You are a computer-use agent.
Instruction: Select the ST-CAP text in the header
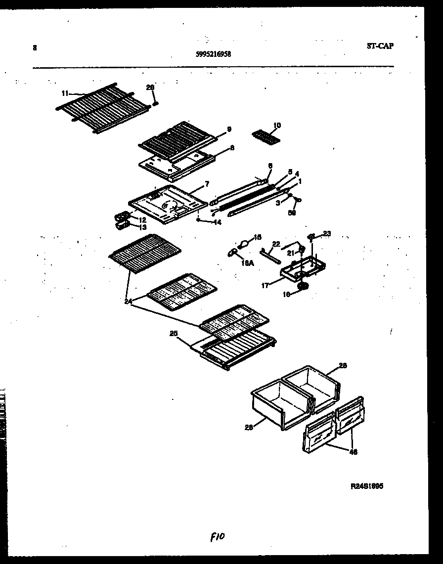click(380, 46)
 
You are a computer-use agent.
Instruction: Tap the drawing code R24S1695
click(367, 486)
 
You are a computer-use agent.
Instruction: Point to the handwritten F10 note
click(218, 536)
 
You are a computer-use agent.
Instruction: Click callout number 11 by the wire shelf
click(65, 92)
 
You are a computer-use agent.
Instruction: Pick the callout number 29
click(150, 87)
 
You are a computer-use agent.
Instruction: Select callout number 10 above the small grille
click(276, 126)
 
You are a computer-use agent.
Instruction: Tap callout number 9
click(229, 130)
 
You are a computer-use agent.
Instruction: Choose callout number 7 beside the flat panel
click(207, 184)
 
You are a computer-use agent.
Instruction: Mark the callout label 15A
click(248, 263)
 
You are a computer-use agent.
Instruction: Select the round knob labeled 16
click(302, 286)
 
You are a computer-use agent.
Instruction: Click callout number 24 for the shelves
click(129, 301)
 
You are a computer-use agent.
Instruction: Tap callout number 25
click(174, 334)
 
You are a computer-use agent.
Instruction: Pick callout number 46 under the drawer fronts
click(353, 452)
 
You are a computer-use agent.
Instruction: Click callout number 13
click(142, 227)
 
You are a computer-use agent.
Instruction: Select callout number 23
click(327, 233)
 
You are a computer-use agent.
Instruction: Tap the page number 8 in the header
click(35, 48)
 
